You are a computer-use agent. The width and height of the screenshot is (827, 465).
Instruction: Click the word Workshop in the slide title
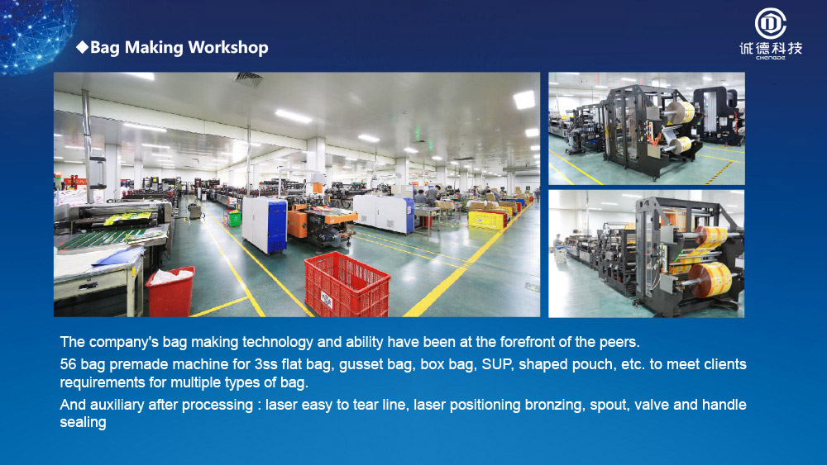(228, 47)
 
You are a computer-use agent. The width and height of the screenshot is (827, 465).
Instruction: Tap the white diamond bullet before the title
(82, 47)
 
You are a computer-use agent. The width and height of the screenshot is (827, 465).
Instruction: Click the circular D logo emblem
(770, 24)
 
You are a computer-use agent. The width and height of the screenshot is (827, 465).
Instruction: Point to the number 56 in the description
(68, 364)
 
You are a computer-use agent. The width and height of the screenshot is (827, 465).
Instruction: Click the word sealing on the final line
(83, 422)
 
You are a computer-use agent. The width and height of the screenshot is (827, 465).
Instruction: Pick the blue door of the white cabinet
(277, 225)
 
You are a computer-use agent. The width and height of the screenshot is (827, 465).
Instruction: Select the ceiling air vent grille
(248, 79)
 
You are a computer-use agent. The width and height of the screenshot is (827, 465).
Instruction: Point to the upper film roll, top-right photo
(681, 112)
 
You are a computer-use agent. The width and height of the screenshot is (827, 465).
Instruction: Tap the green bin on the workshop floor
(234, 218)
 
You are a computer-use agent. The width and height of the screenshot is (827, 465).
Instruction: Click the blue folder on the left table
(117, 258)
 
